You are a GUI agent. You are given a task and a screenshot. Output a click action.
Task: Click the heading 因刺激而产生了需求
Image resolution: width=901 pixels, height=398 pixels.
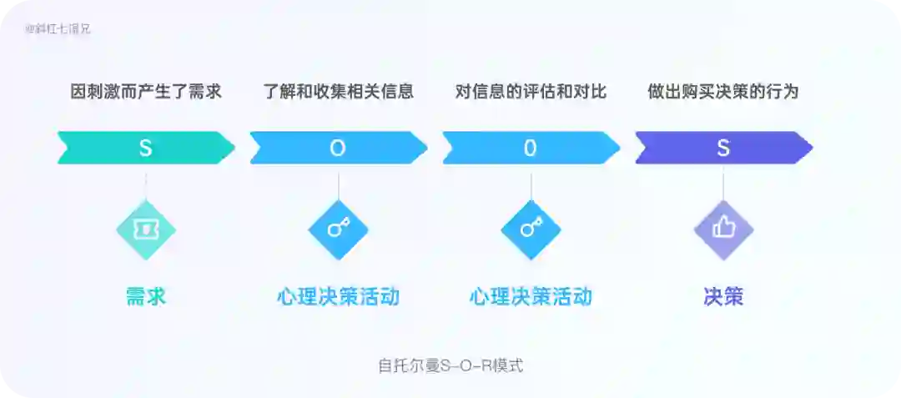pyautogui.click(x=146, y=92)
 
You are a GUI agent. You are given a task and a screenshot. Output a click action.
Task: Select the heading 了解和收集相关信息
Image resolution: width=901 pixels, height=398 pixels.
pyautogui.click(x=338, y=92)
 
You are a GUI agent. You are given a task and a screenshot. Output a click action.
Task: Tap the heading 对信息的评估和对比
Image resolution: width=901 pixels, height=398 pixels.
pyautogui.click(x=531, y=92)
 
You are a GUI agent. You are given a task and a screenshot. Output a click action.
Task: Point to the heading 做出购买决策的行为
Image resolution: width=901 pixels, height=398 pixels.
pyautogui.click(x=722, y=92)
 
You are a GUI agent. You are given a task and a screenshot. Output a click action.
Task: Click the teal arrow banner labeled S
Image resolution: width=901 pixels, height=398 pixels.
pyautogui.click(x=146, y=148)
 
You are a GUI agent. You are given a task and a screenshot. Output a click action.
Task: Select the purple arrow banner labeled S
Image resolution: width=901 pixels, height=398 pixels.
pyautogui.click(x=723, y=148)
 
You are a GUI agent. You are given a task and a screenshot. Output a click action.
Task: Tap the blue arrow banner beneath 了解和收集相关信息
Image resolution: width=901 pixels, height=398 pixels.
pyautogui.click(x=338, y=148)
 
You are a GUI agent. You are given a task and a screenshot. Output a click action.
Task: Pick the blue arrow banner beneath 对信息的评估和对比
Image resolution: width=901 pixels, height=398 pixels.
pyautogui.click(x=531, y=148)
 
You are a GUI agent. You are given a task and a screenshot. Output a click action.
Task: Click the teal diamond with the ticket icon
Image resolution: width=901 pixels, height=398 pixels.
pyautogui.click(x=146, y=229)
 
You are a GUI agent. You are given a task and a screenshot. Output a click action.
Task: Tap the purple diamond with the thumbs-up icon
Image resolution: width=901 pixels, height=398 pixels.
pyautogui.click(x=723, y=229)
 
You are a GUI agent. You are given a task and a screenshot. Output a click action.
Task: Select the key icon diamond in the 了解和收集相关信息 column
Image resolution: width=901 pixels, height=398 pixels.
pyautogui.click(x=338, y=229)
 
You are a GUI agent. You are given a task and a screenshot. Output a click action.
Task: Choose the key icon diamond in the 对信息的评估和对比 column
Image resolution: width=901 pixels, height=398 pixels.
pyautogui.click(x=531, y=229)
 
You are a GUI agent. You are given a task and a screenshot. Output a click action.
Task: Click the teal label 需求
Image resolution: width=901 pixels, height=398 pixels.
pyautogui.click(x=146, y=296)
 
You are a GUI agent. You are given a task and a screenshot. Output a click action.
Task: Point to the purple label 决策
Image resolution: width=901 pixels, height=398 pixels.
pyautogui.click(x=723, y=296)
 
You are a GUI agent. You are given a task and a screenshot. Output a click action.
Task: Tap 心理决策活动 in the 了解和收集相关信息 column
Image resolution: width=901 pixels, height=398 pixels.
pyautogui.click(x=338, y=296)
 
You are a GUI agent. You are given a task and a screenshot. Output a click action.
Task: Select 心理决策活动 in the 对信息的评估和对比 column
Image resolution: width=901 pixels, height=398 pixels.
pyautogui.click(x=531, y=296)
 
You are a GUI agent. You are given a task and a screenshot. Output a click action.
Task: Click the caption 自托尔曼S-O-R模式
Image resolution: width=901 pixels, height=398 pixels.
pyautogui.click(x=450, y=365)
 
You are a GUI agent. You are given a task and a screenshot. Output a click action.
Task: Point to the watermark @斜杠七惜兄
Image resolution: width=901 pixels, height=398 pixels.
pyautogui.click(x=58, y=28)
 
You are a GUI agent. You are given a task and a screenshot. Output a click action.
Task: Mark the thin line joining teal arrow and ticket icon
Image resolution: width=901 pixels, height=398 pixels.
pyautogui.click(x=146, y=184)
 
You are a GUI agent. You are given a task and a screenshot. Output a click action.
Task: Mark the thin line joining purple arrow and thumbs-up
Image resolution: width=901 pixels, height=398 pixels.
pyautogui.click(x=723, y=184)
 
